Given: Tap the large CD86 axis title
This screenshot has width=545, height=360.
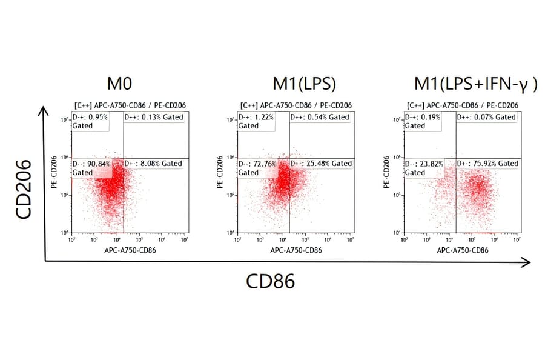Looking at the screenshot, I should click(x=271, y=281).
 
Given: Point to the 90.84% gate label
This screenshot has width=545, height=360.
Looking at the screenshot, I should click(x=91, y=168).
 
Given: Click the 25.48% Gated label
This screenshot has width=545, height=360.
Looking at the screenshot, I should click(x=321, y=164).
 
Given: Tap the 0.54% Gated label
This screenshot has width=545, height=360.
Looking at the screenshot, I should click(x=320, y=117).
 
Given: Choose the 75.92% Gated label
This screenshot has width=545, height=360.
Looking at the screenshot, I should click(x=487, y=164).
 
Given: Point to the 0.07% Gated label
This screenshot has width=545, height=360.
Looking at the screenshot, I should click(x=487, y=117).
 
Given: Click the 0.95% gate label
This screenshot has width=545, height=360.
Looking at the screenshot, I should click(x=90, y=121).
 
